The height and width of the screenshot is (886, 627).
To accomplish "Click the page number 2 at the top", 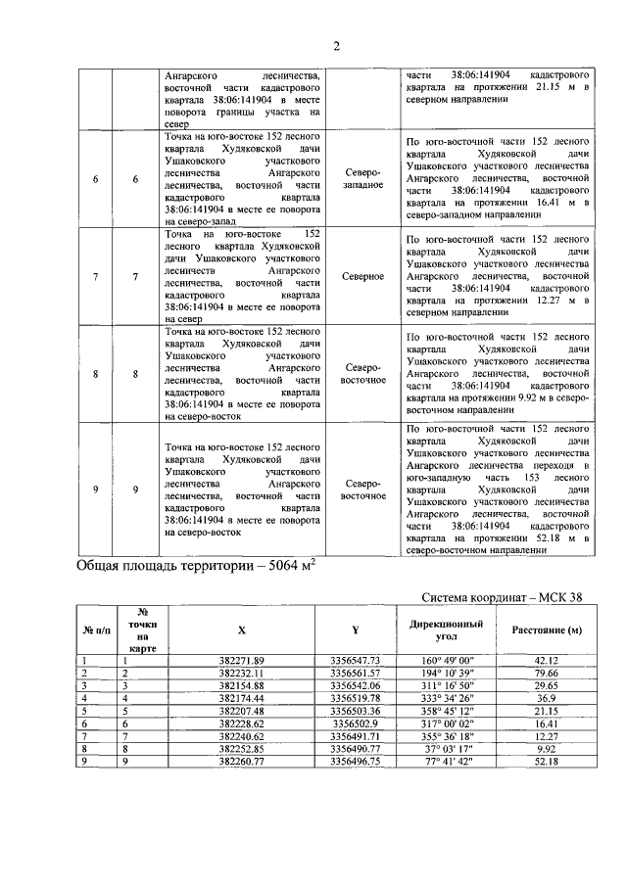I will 336,45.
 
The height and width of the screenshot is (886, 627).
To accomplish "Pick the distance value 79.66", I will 547,674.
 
